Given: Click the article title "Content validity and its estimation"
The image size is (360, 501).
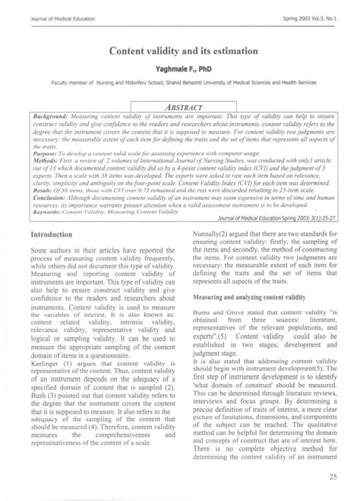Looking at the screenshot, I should point(180,48).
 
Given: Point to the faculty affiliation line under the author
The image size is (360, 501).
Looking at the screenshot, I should point(180,81).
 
